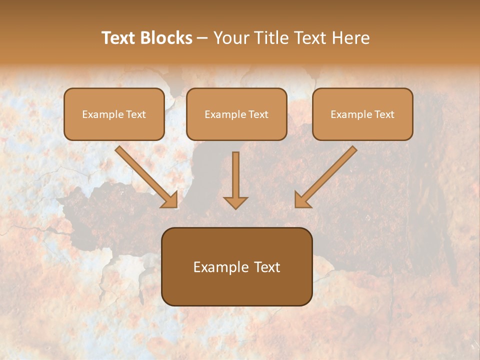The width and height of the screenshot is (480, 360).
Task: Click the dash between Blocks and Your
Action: (x=203, y=38)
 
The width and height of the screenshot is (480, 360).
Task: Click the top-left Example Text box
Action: (x=114, y=114)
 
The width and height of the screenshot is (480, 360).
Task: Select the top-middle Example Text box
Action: (x=236, y=114)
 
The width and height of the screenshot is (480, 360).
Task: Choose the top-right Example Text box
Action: (x=362, y=114)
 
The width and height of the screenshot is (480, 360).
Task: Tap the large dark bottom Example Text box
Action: (x=237, y=266)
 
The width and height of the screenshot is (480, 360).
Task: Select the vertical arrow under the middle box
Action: (x=235, y=175)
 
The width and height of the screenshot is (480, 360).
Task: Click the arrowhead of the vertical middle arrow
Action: (x=235, y=202)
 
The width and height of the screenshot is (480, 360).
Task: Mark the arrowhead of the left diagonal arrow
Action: (x=170, y=200)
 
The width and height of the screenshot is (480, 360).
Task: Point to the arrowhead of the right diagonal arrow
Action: (x=302, y=200)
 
